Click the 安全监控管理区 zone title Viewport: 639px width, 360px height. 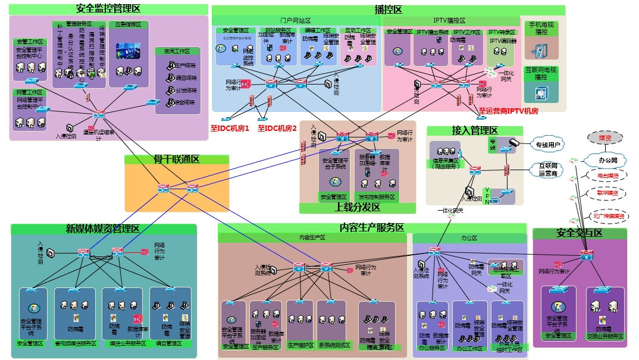pyautogui.click(x=108, y=9)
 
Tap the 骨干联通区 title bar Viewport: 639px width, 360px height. pyautogui.click(x=176, y=159)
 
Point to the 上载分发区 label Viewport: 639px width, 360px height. pyautogui.click(x=357, y=207)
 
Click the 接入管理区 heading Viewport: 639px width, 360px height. pyautogui.click(x=474, y=130)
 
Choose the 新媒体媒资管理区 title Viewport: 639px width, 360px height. pyautogui.click(x=102, y=229)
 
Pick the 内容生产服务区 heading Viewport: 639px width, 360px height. pyautogui.click(x=372, y=228)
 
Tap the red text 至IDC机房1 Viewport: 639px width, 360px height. pyautogui.click(x=230, y=128)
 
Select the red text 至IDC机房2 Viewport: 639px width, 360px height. pyautogui.click(x=277, y=128)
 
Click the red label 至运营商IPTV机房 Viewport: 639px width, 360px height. pyautogui.click(x=508, y=111)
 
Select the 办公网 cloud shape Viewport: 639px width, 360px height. pyautogui.click(x=607, y=161)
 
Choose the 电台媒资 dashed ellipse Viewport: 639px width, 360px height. pyautogui.click(x=607, y=176)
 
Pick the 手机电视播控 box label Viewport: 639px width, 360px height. pyautogui.click(x=541, y=29)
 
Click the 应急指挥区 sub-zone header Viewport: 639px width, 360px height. pyautogui.click(x=127, y=25)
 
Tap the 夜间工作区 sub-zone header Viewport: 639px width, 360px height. pyautogui.click(x=176, y=52)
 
